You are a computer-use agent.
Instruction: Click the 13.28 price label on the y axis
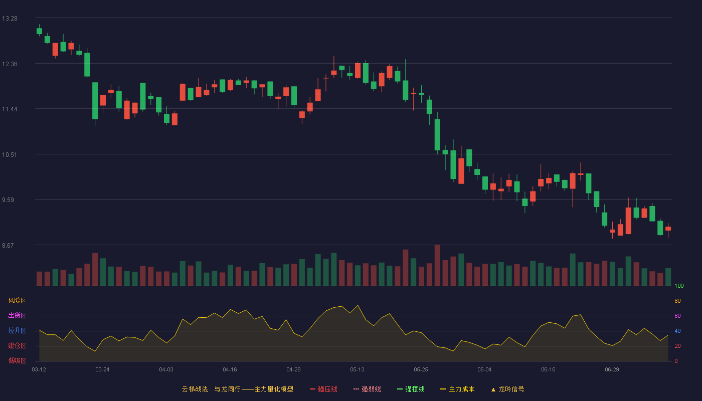10,19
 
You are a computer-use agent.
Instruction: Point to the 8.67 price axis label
8,245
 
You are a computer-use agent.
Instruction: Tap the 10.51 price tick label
10,155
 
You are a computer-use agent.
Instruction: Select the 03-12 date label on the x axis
39,370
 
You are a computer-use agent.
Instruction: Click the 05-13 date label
357,370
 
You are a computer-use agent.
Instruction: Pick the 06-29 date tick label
612,370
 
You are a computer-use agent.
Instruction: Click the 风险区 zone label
17,301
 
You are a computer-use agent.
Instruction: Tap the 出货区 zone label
17,315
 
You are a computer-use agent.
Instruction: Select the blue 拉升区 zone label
17,330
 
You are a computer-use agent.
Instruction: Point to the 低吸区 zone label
17,360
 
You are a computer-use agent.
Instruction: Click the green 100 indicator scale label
679,286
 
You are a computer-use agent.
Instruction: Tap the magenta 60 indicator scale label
677,316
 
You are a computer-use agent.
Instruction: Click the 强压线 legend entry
323,389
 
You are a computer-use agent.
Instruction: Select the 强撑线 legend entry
411,389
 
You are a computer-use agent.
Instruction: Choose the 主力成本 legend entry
457,389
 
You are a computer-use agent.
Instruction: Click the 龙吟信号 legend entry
507,389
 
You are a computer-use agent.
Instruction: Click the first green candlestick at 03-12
39,31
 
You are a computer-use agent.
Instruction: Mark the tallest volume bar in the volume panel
437,265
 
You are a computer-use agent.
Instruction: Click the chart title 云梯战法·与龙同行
211,389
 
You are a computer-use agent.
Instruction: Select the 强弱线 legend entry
367,389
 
